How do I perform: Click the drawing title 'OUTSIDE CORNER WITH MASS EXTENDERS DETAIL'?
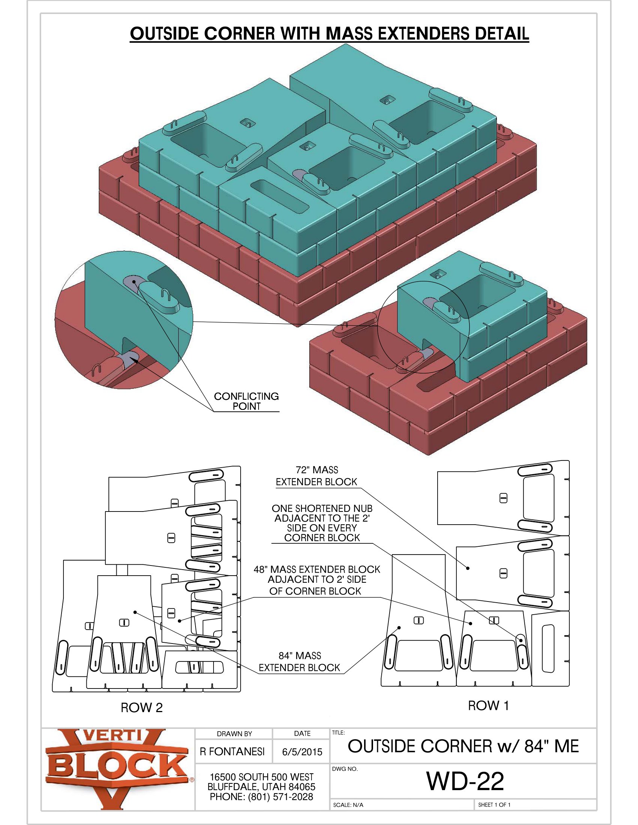(x=329, y=34)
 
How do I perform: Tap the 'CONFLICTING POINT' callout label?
(x=247, y=401)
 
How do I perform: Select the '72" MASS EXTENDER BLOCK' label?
(x=316, y=476)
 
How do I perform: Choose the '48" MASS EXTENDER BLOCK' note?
(x=317, y=580)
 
